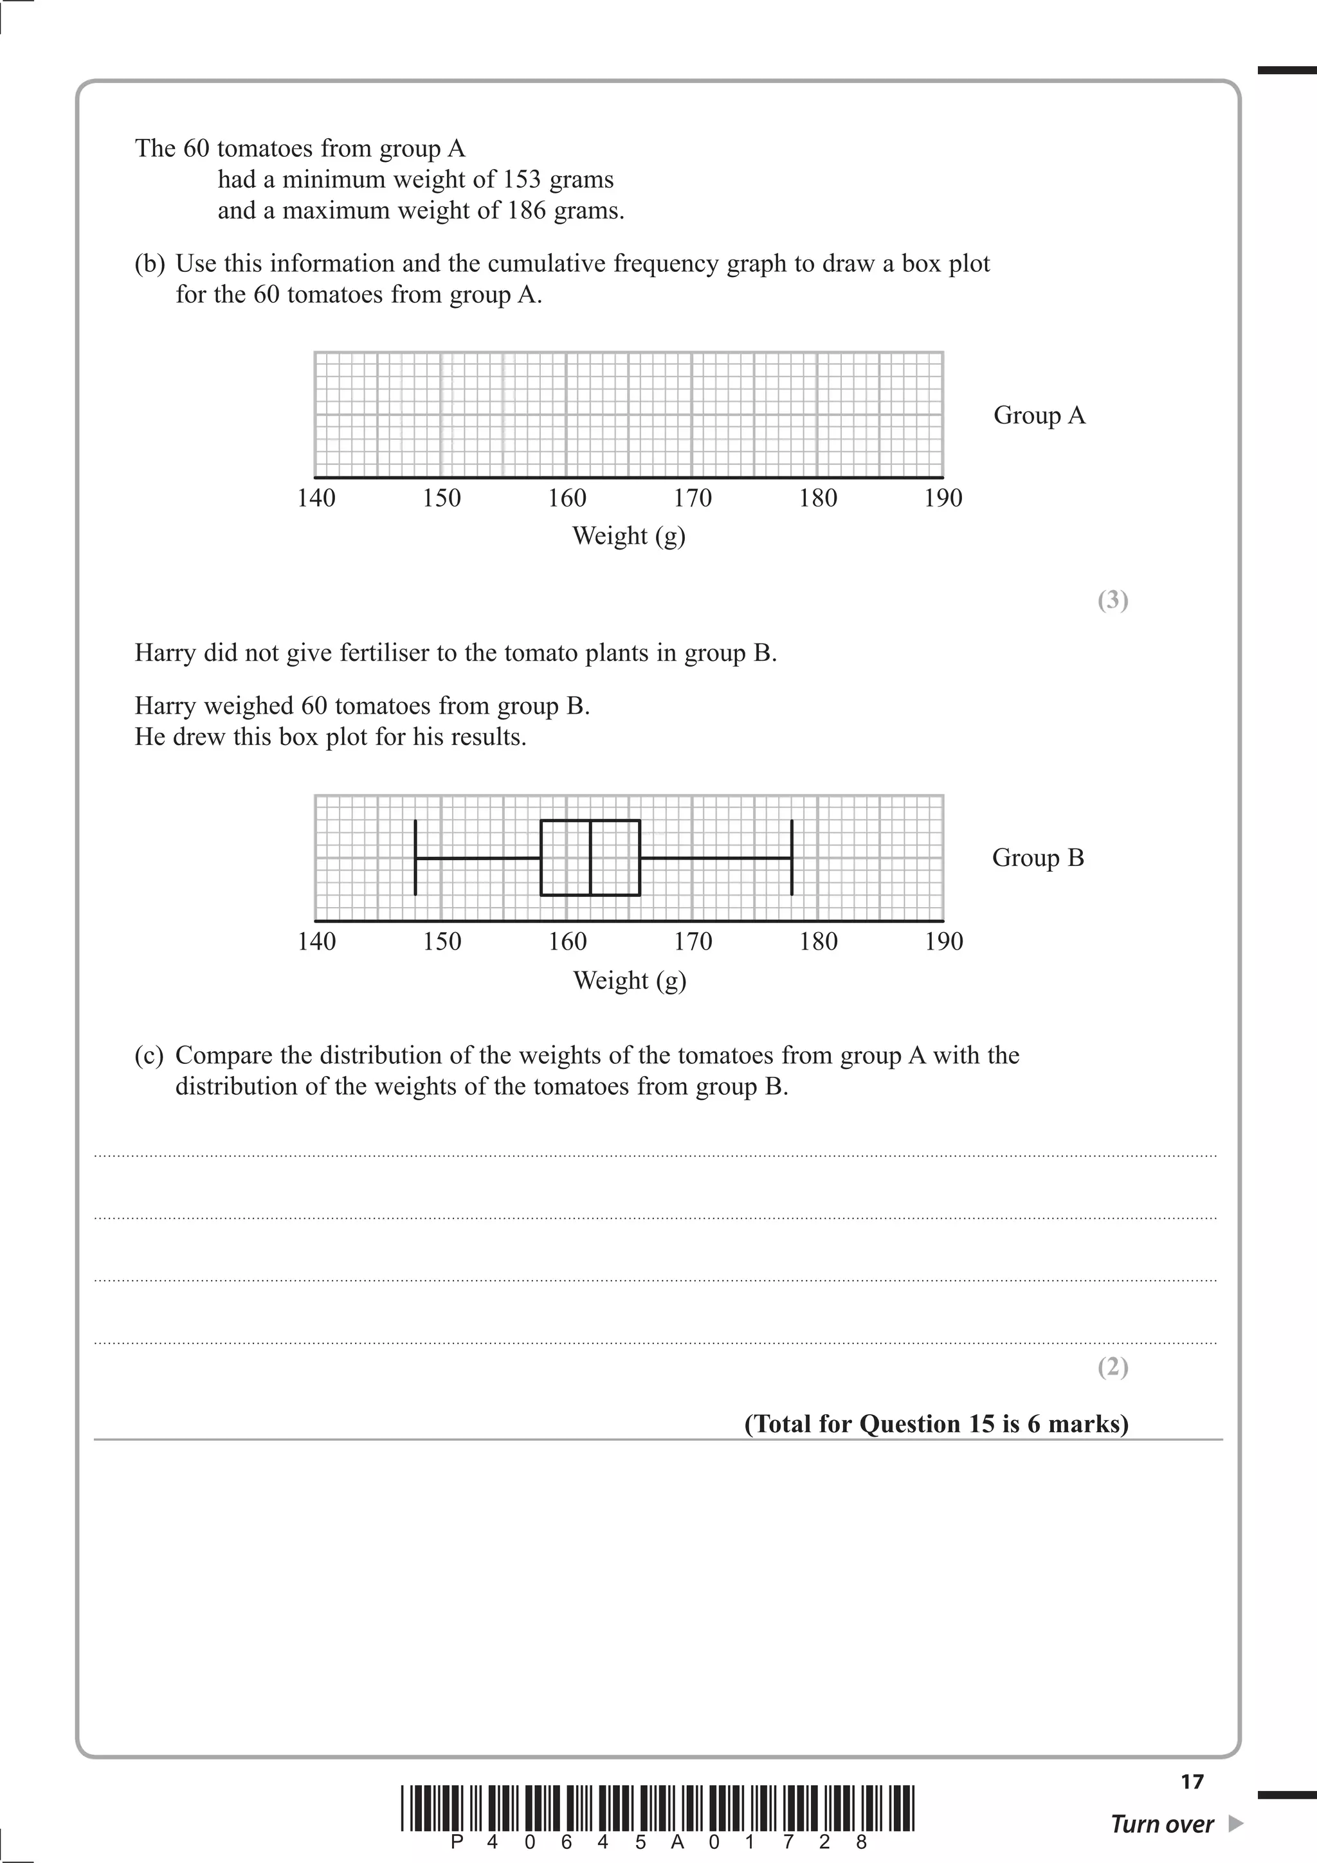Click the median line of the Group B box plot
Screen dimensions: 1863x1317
(x=590, y=858)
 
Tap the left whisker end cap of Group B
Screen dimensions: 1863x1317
(x=415, y=858)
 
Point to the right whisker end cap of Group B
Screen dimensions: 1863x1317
(x=791, y=858)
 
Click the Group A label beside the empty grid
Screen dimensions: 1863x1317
(x=1039, y=415)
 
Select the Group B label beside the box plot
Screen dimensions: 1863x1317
(x=1038, y=858)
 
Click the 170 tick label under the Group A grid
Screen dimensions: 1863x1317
(x=692, y=498)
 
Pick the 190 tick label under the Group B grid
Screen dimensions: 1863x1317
(x=944, y=942)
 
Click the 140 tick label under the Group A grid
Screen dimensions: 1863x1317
(x=316, y=498)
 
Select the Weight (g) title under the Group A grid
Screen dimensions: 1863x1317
(x=629, y=536)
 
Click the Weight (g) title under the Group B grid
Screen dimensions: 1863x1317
(x=630, y=981)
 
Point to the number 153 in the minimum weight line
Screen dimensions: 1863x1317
(x=521, y=179)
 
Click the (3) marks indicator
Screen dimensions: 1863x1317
(x=1113, y=600)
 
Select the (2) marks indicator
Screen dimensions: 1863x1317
(x=1113, y=1368)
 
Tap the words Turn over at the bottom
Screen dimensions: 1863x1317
(x=1161, y=1825)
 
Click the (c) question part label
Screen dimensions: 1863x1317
(x=149, y=1056)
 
